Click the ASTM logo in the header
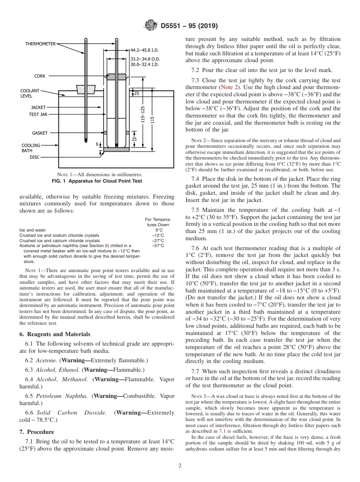click(150, 26)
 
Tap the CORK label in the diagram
click(40, 76)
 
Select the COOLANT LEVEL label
click(30, 94)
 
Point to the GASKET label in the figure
click(40, 133)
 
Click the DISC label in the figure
click(34, 157)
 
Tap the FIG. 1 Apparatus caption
click(97, 181)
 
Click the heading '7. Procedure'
click(37, 432)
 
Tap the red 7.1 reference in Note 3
click(222, 431)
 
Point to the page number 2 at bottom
click(180, 466)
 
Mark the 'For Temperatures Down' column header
click(158, 222)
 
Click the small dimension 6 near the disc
click(97, 144)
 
